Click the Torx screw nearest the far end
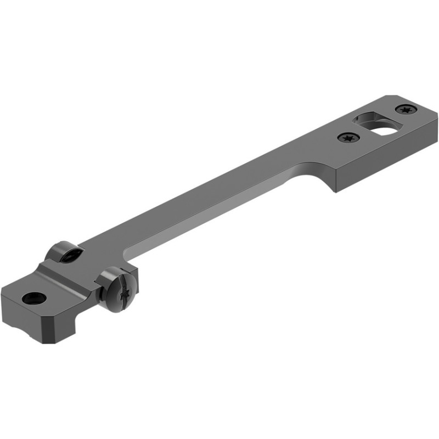(x=406, y=110)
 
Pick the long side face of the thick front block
(x=384, y=165)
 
